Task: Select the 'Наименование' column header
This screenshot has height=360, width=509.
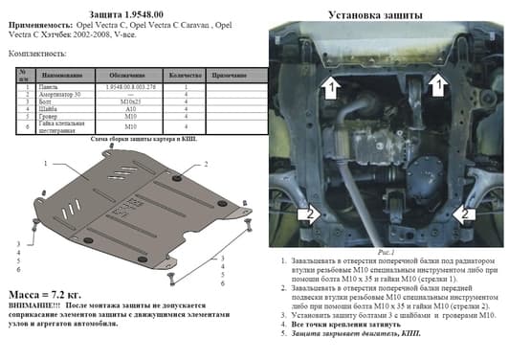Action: tap(61, 74)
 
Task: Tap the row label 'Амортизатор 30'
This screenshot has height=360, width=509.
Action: tap(61, 94)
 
